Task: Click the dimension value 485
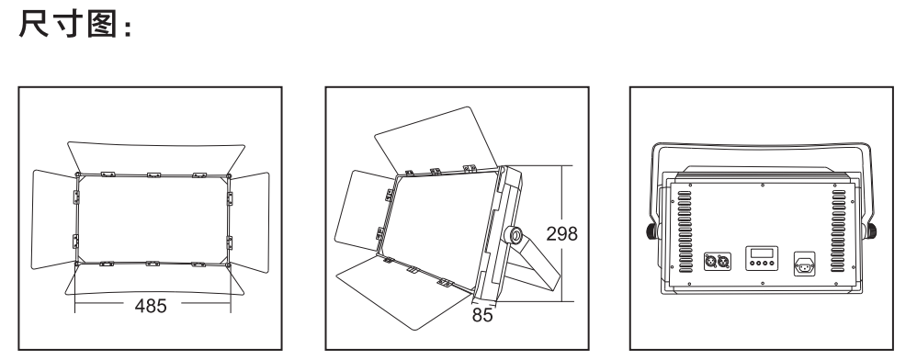[x=151, y=306]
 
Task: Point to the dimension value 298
[x=561, y=234]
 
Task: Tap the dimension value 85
[x=482, y=315]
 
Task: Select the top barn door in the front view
[x=156, y=157]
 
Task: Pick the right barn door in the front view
[x=250, y=222]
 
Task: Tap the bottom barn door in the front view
[x=154, y=280]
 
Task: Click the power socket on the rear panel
[x=804, y=264]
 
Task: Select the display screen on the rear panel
[x=762, y=253]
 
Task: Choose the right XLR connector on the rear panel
[x=724, y=261]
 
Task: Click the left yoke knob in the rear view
[x=651, y=231]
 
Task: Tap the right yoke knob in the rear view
[x=871, y=231]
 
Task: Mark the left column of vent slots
[x=685, y=231]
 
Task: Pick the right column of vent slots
[x=839, y=231]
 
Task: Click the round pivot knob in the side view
[x=515, y=235]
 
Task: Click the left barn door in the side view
[x=359, y=211]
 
